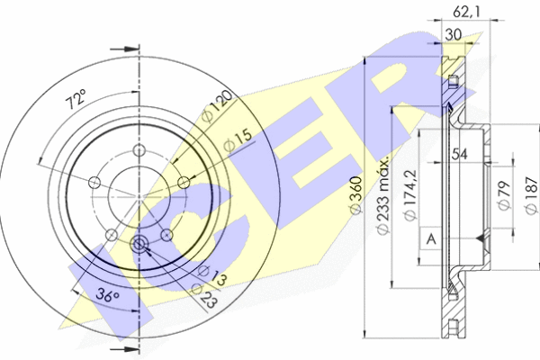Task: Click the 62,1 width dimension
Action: [x=465, y=12]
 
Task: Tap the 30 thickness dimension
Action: [x=454, y=34]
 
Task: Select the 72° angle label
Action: [x=76, y=99]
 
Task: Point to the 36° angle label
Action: [x=107, y=295]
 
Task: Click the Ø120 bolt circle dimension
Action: [x=218, y=106]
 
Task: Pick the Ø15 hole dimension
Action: [x=238, y=141]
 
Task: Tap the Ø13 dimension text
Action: [x=211, y=274]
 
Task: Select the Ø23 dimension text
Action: [x=204, y=296]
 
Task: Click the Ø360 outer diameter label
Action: [x=355, y=194]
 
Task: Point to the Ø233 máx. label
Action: [x=382, y=195]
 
